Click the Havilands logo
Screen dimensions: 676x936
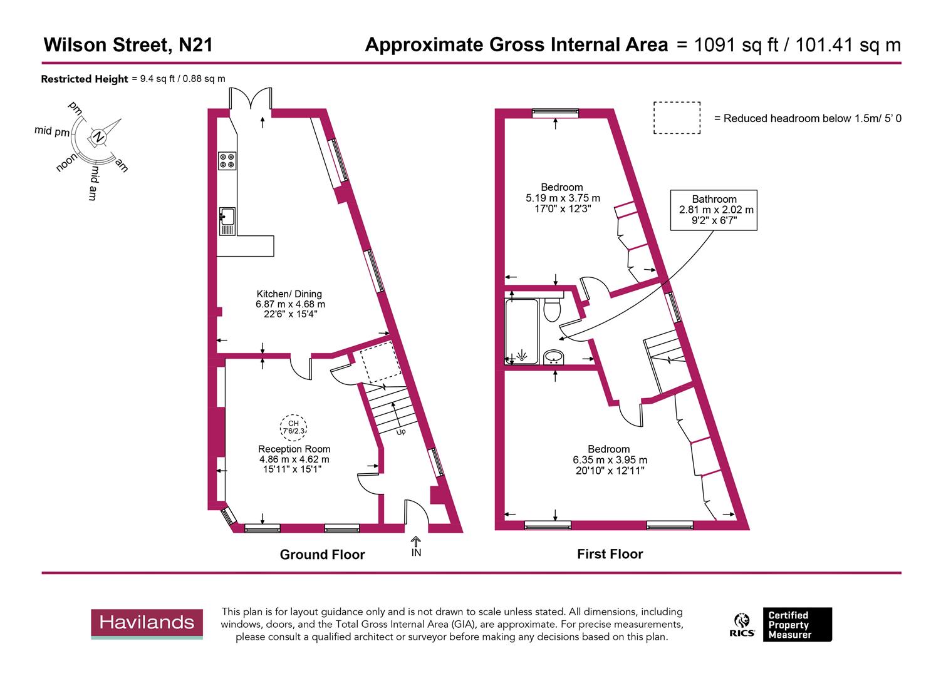point(147,623)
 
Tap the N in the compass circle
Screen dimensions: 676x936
point(98,136)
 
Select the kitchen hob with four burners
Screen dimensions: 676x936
point(227,161)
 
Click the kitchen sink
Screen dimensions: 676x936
point(227,221)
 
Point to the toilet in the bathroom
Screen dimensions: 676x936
point(552,310)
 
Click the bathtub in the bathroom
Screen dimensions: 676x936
point(523,331)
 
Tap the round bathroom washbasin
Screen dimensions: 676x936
point(553,357)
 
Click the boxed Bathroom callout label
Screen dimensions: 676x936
point(714,210)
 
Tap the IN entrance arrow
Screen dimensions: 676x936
point(416,546)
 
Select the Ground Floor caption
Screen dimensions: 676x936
point(322,555)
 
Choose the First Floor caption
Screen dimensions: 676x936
point(610,554)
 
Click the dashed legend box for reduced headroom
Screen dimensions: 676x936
point(677,118)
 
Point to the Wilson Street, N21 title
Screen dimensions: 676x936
point(128,45)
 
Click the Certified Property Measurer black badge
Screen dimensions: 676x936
point(796,625)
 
